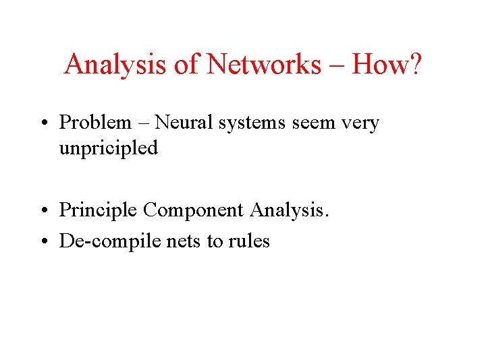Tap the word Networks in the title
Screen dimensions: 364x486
pyautogui.click(x=264, y=65)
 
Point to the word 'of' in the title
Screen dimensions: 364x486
pyautogui.click(x=187, y=65)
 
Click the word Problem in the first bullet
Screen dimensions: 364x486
pyautogui.click(x=95, y=123)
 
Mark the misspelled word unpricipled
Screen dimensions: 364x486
pyautogui.click(x=108, y=148)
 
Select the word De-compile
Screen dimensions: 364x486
pyautogui.click(x=107, y=241)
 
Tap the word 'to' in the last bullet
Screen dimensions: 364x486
pyautogui.click(x=215, y=242)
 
